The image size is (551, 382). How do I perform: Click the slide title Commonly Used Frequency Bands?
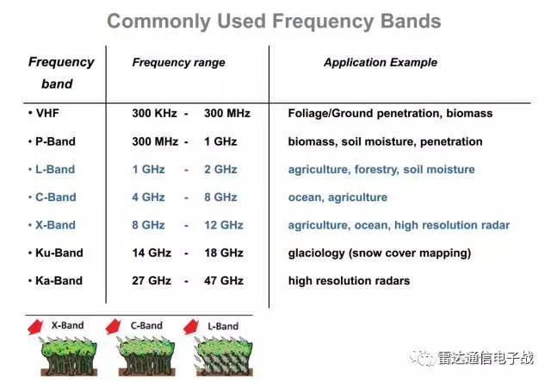tap(274, 22)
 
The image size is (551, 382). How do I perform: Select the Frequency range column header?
tap(178, 62)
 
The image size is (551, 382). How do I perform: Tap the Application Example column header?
tap(381, 62)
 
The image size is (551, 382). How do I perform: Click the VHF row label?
tap(47, 113)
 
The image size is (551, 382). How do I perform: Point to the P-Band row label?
tap(55, 141)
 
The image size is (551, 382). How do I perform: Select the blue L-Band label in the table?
tap(55, 169)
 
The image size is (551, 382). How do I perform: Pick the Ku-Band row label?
tap(59, 253)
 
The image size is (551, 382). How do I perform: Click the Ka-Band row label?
tap(59, 280)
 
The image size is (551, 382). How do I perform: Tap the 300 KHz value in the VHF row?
tap(155, 113)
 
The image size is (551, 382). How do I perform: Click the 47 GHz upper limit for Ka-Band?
tap(224, 280)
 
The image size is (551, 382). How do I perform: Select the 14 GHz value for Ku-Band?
tap(152, 253)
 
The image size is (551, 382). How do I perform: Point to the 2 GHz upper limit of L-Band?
tap(220, 169)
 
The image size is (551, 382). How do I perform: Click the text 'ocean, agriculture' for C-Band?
tap(337, 197)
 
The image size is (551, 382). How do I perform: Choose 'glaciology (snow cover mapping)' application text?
tap(380, 253)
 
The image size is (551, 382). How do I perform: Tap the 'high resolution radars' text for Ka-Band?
tap(349, 280)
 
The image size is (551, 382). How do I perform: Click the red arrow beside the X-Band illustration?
tap(35, 327)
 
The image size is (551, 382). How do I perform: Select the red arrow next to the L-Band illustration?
tap(191, 327)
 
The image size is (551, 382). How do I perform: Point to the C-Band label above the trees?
tap(146, 325)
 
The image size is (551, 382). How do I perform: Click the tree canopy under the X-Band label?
tap(69, 348)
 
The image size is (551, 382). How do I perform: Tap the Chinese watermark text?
tap(486, 358)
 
